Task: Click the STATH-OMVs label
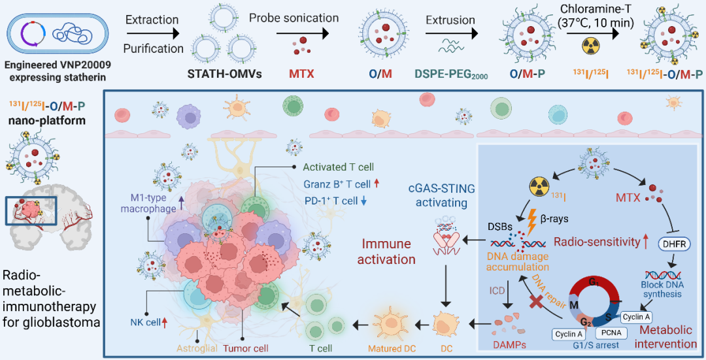[x=227, y=74]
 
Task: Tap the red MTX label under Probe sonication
[x=301, y=74]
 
